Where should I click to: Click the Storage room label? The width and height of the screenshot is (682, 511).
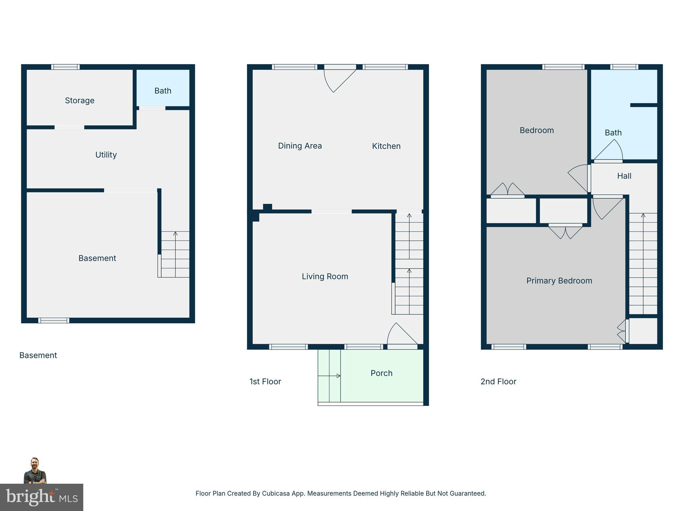[80, 100]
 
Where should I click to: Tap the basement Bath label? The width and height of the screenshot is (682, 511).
[163, 91]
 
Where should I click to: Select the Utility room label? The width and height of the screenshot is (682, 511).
[106, 155]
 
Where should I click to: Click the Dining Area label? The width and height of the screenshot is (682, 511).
[300, 146]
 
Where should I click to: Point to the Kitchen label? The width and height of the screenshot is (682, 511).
[386, 146]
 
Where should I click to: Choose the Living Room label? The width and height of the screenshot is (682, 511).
[325, 276]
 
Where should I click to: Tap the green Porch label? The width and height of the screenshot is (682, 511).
[381, 373]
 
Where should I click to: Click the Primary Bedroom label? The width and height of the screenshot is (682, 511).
[559, 281]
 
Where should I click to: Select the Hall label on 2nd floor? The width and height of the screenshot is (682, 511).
[624, 176]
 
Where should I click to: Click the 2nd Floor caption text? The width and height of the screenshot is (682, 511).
[498, 382]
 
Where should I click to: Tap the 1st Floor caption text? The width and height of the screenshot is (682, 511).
[265, 382]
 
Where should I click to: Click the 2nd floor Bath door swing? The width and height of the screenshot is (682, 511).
[611, 151]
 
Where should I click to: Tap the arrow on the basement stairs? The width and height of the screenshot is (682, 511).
[175, 234]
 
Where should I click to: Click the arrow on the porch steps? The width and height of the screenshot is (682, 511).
[338, 376]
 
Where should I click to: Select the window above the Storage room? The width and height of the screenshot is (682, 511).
[65, 67]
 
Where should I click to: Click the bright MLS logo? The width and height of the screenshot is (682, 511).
[42, 497]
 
